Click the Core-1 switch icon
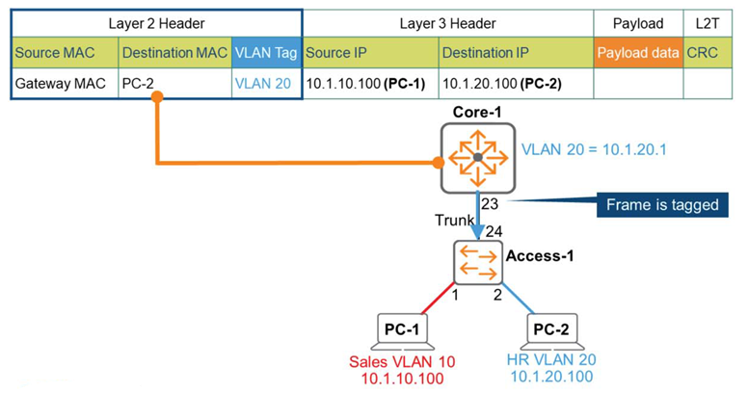(477, 157)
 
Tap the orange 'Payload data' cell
(637, 53)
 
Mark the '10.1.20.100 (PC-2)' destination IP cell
(501, 84)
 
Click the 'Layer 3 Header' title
(447, 22)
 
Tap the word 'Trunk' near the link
(454, 221)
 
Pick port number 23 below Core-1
(490, 203)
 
